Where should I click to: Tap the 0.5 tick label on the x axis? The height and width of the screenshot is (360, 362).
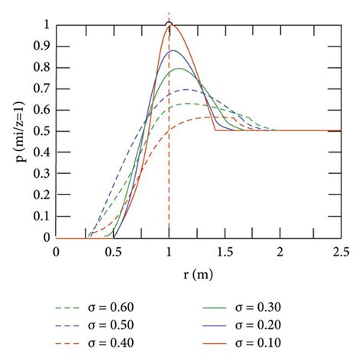pos(112,251)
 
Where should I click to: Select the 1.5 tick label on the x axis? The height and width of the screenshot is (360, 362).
pos(226,251)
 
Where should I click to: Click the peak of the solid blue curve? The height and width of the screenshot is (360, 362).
pos(174,50)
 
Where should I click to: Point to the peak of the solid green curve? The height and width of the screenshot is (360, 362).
pos(180,69)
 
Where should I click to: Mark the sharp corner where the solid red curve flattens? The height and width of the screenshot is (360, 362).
pos(216,130)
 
